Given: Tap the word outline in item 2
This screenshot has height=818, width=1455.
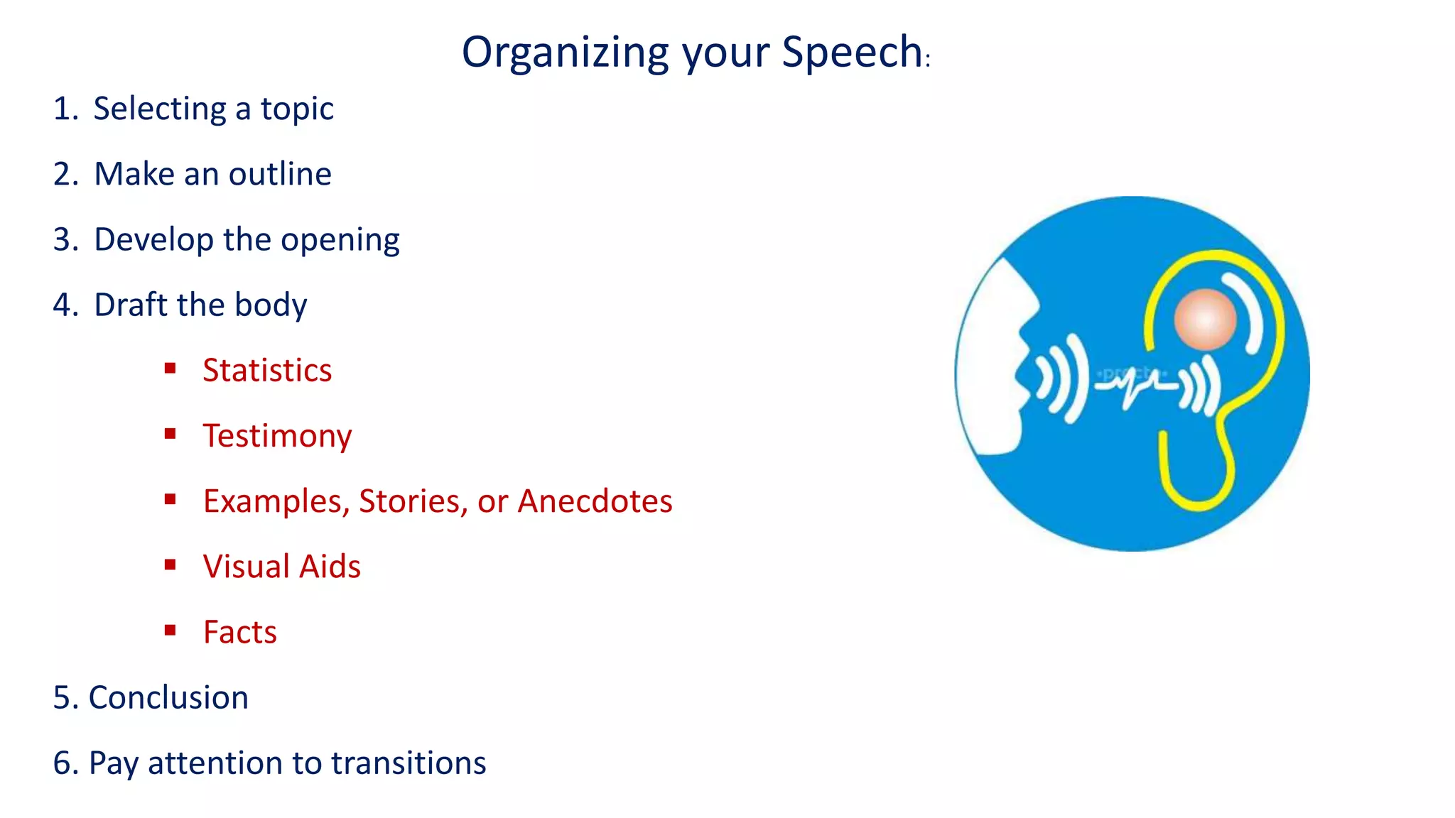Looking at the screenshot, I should point(280,174).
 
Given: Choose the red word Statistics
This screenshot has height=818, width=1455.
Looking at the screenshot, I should point(267,371).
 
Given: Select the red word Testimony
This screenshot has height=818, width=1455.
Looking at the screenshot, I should point(277,436).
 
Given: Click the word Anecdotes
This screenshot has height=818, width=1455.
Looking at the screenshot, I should point(595,501).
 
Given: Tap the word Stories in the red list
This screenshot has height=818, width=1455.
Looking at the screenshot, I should point(413,501).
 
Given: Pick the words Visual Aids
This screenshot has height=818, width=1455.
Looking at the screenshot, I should point(281,567).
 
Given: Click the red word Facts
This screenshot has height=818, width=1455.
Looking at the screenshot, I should point(240,632).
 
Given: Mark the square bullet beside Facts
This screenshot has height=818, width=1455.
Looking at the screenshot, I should point(170,630).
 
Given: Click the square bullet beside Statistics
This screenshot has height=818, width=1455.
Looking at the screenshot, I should point(170,368).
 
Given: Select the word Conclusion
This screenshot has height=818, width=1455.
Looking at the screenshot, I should point(168,697).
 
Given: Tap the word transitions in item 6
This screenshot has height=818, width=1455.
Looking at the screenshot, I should point(409,763).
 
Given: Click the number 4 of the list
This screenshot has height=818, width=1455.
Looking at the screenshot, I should point(62,305).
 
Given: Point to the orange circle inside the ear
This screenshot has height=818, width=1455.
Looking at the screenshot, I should point(1205,320).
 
